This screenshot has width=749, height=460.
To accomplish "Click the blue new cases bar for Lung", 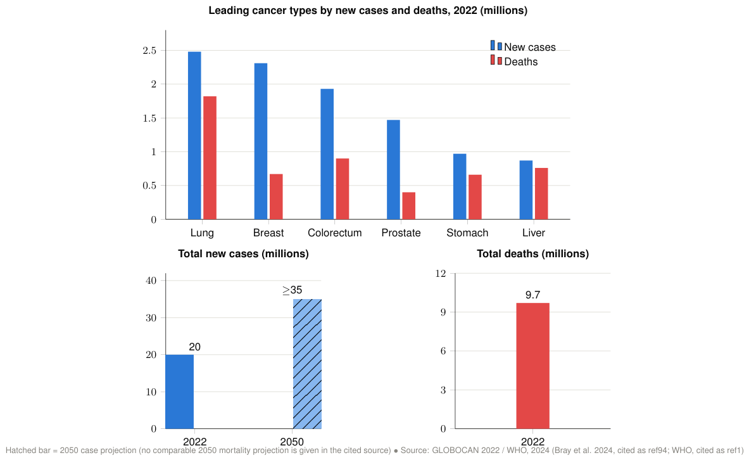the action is [194, 136].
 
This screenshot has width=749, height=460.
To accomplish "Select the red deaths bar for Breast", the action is [276, 196].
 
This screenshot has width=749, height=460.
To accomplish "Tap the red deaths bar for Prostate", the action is [409, 206].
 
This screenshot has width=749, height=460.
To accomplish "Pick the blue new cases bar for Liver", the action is [526, 190].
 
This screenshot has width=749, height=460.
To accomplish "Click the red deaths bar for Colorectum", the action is [343, 189].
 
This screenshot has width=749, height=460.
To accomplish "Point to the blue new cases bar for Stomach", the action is [460, 186].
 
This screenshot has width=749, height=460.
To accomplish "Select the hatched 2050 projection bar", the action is [307, 364].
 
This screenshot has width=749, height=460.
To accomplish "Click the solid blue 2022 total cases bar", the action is [180, 392].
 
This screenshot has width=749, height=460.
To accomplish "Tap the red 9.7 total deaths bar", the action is [532, 366].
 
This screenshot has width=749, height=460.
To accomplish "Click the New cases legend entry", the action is [523, 47].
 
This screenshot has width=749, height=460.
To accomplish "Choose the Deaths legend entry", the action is [514, 61].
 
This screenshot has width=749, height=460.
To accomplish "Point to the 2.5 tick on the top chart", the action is [149, 50].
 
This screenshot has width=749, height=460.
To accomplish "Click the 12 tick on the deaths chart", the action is [441, 274].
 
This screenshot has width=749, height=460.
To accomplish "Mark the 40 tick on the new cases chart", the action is [151, 281].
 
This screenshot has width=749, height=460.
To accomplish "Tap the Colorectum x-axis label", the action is [334, 233].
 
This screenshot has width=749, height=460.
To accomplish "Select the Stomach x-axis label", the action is [467, 233].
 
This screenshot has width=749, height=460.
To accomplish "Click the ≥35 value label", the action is [293, 290].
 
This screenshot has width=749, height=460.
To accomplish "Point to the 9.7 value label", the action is [532, 295].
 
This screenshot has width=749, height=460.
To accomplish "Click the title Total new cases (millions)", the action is [243, 254].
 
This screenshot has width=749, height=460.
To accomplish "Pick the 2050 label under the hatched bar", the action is [292, 442].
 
